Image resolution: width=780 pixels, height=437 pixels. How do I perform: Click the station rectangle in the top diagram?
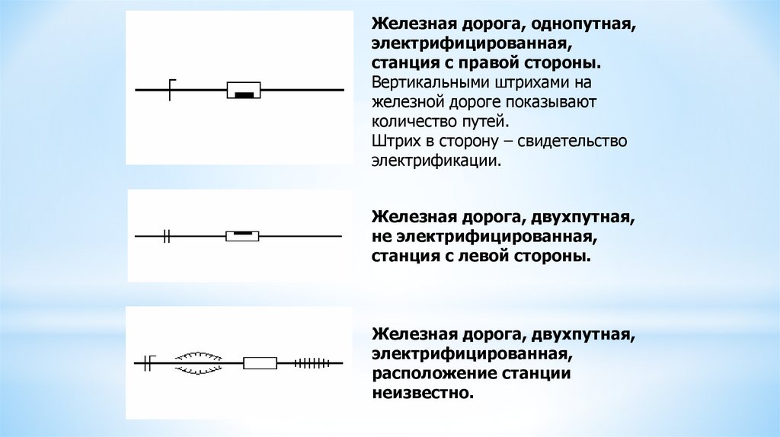(244, 90)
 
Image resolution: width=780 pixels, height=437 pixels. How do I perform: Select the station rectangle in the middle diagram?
(243, 237)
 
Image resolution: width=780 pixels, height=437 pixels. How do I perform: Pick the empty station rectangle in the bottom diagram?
(260, 363)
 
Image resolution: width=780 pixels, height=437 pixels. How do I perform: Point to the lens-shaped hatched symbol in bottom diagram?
(199, 362)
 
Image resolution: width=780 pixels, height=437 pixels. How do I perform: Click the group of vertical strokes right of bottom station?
(312, 363)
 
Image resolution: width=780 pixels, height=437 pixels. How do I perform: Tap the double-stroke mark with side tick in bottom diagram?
(149, 362)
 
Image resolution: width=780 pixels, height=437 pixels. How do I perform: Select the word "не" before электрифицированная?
(382, 237)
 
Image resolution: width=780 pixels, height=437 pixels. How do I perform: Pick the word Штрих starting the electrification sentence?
(395, 141)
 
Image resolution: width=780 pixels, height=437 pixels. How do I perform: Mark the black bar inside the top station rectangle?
(244, 94)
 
